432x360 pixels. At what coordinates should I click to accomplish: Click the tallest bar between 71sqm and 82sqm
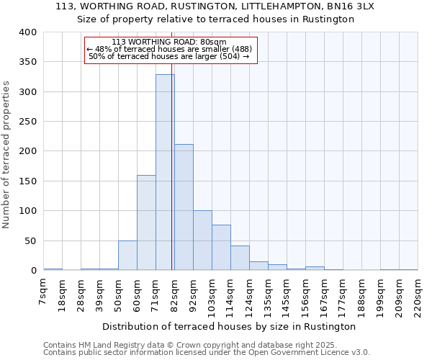pyautogui.click(x=165, y=173)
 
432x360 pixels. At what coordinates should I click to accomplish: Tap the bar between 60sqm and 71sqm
pyautogui.click(x=146, y=222)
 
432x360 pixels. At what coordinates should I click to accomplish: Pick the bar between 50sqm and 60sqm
pyautogui.click(x=127, y=256)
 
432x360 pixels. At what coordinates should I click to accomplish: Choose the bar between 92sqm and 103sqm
pyautogui.click(x=202, y=240)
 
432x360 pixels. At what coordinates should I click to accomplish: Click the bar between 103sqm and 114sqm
pyautogui.click(x=221, y=248)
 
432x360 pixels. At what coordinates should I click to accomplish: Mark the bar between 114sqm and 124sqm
pyautogui.click(x=240, y=258)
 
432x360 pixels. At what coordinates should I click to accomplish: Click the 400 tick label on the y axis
pyautogui.click(x=27, y=32)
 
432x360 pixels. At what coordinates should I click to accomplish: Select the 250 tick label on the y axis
pyautogui.click(x=27, y=122)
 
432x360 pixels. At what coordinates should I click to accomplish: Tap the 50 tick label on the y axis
pyautogui.click(x=30, y=240)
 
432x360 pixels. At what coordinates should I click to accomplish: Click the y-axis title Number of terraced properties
pyautogui.click(x=7, y=155)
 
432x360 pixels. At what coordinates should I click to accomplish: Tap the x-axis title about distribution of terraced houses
pyautogui.click(x=229, y=326)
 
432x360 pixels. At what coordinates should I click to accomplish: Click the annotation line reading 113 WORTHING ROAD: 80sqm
pyautogui.click(x=169, y=42)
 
